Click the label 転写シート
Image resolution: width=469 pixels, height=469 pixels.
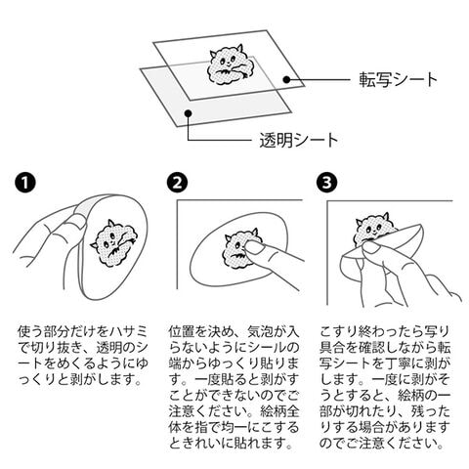398,80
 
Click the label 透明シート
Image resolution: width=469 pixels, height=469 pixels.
299,141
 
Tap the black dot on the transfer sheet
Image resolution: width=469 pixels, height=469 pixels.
286,79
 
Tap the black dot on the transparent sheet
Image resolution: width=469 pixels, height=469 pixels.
188,113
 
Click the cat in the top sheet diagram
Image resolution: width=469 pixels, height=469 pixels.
227,65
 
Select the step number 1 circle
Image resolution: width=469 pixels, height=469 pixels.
25,183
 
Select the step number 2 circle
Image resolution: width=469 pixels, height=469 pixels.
178,183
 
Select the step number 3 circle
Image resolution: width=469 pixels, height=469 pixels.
327,183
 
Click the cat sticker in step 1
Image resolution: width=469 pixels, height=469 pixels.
114,242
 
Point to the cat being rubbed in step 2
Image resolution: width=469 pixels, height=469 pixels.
239,249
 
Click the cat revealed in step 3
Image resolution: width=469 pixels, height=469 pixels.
374,230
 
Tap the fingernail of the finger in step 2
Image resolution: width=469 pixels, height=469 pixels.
255,248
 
